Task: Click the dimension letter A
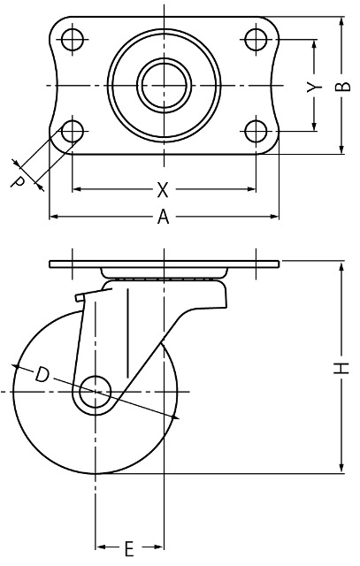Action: tap(164, 217)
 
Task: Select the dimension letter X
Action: tap(163, 189)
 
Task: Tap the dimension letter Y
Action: tap(314, 87)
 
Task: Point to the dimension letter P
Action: tap(18, 181)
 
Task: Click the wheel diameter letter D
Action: tap(42, 375)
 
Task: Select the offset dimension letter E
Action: tap(129, 548)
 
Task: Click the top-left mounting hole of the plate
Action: tap(73, 39)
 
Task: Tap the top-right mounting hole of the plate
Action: tap(256, 39)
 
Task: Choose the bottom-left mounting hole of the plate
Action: tap(73, 131)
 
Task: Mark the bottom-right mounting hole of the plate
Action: tap(256, 131)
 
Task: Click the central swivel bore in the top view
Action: tap(165, 85)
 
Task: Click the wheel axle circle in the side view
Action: tap(95, 391)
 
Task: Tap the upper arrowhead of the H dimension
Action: tap(341, 268)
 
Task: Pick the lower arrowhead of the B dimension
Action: tap(341, 148)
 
